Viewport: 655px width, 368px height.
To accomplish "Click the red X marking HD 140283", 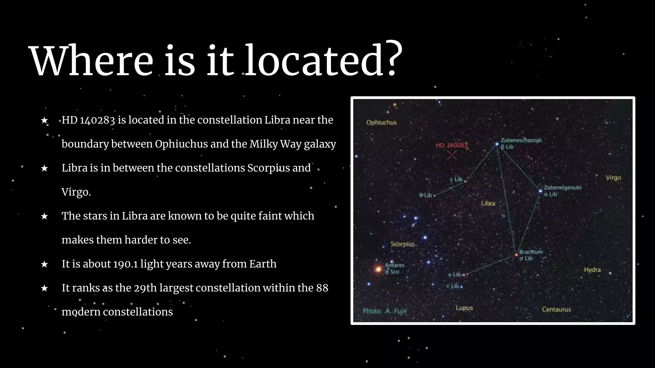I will pyautogui.click(x=452, y=155).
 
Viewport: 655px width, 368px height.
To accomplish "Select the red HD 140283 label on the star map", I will pyautogui.click(x=451, y=145).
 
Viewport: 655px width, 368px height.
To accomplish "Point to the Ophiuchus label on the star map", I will pyautogui.click(x=381, y=122).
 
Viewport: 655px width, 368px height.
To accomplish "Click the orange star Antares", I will pyautogui.click(x=378, y=269).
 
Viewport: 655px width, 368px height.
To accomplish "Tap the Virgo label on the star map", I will pyautogui.click(x=613, y=178).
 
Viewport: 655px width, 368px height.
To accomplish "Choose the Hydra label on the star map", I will pyautogui.click(x=592, y=270).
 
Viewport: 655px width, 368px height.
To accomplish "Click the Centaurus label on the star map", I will pyautogui.click(x=556, y=309).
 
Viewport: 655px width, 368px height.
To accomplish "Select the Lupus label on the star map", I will pyautogui.click(x=464, y=308).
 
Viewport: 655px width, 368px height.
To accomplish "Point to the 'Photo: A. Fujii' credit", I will pyautogui.click(x=385, y=311).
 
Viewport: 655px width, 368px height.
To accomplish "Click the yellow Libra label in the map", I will pyautogui.click(x=488, y=203).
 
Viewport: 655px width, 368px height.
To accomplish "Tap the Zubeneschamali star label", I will pyautogui.click(x=521, y=140).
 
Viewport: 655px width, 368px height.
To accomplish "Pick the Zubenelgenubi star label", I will pyautogui.click(x=562, y=188).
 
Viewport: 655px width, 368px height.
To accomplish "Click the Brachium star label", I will pyautogui.click(x=531, y=252).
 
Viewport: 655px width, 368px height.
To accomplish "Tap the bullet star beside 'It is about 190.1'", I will pyautogui.click(x=44, y=264).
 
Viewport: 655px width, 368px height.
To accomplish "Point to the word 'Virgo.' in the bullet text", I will pyautogui.click(x=76, y=192).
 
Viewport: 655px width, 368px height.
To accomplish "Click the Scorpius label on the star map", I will pyautogui.click(x=402, y=244).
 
